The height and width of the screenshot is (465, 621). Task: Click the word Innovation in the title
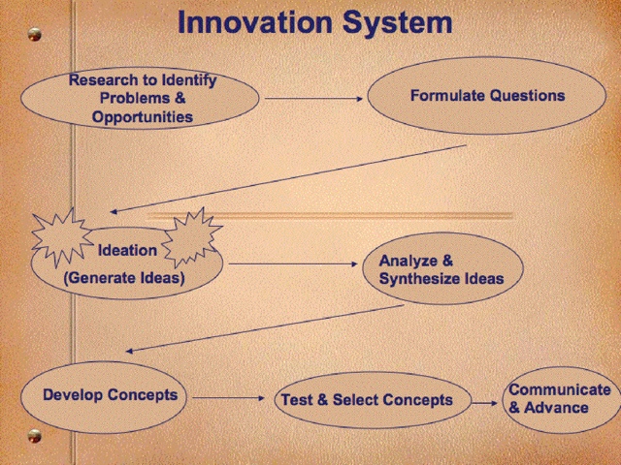tap(255, 21)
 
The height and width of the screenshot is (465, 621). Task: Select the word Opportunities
tap(143, 117)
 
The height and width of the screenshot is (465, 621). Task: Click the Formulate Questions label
tap(487, 95)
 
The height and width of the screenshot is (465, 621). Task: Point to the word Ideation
tap(127, 250)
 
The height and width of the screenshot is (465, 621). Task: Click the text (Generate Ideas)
tap(124, 278)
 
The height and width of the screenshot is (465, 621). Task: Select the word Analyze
tap(408, 261)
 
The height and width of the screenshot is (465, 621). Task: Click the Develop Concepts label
tap(110, 394)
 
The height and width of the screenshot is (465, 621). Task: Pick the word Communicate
tap(560, 389)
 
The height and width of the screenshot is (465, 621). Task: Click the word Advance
tap(556, 408)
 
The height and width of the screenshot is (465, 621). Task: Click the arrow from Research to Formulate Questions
tap(313, 99)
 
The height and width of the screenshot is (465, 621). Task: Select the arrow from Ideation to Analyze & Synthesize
tap(293, 263)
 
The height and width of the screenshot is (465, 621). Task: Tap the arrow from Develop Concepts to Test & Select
tap(229, 398)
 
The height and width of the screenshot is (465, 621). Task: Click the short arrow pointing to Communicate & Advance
tap(485, 403)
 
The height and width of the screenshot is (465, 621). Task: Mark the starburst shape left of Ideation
tap(62, 237)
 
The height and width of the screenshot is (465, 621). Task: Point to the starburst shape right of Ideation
tap(192, 238)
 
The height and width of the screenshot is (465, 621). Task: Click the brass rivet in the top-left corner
tap(35, 35)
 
